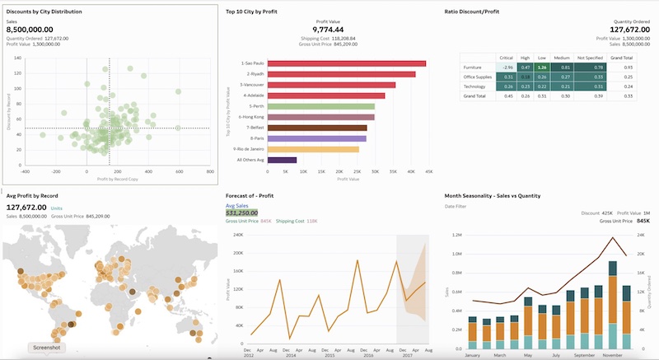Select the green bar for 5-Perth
pos(322,106)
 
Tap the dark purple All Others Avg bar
pos(283,160)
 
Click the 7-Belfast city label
pos(250,128)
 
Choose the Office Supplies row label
pos(478,77)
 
